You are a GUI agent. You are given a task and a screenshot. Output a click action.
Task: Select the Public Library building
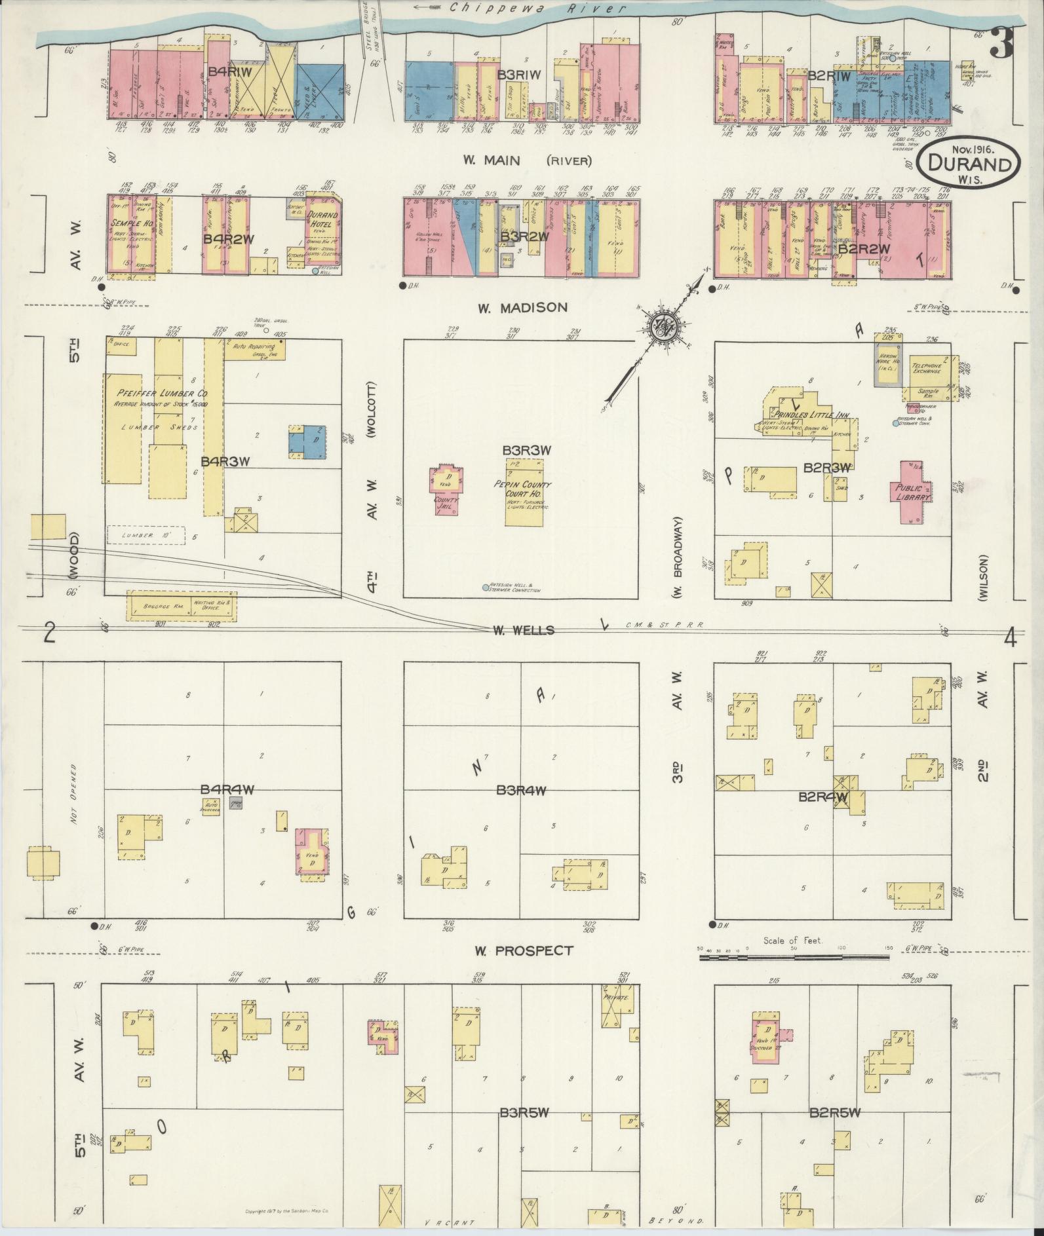pyautogui.click(x=910, y=491)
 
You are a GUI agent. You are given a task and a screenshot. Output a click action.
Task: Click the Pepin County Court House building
pyautogui.click(x=524, y=491)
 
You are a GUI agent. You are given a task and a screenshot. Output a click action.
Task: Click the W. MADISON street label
pyautogui.click(x=522, y=308)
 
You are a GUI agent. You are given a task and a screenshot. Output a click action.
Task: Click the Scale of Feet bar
pyautogui.click(x=794, y=958)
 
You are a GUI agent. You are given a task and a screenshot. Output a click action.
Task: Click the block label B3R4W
pyautogui.click(x=521, y=791)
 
